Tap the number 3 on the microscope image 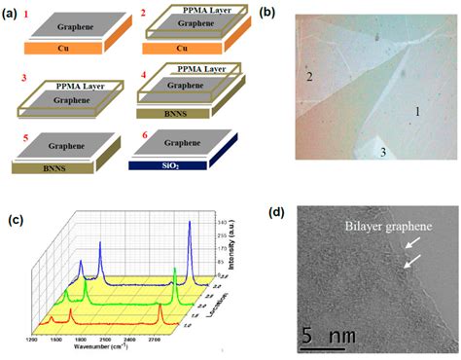(383, 153)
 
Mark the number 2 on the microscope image (309, 76)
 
